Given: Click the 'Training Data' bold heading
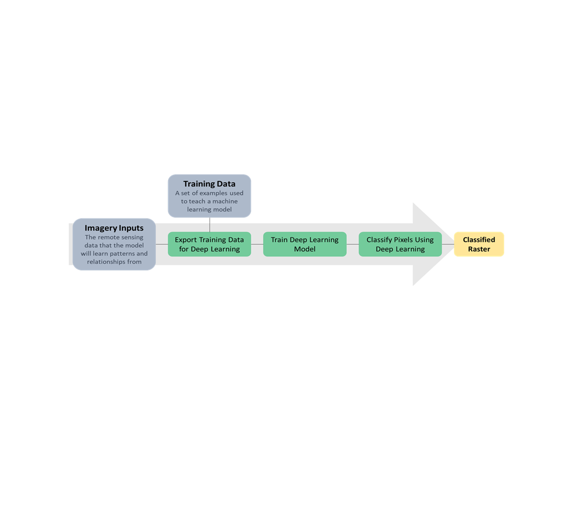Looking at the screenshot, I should click(209, 184).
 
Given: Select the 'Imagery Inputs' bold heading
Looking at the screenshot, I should click(114, 228).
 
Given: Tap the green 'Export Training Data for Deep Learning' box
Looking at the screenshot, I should click(209, 244).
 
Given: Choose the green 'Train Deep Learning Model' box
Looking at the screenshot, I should click(304, 244).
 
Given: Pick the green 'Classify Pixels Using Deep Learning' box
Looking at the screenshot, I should click(400, 244).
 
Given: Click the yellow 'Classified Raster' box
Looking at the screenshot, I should click(479, 244).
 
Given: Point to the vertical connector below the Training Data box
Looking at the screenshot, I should click(210, 225).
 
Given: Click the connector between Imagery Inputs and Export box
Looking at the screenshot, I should click(162, 244).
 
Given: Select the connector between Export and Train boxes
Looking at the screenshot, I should click(257, 244).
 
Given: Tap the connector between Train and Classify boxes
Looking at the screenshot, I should click(352, 244).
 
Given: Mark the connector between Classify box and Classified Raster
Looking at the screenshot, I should click(448, 244).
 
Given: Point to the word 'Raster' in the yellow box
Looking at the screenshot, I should click(479, 249).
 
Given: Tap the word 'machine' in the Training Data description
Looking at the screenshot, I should click(225, 201).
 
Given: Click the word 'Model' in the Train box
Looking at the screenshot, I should click(304, 249).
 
